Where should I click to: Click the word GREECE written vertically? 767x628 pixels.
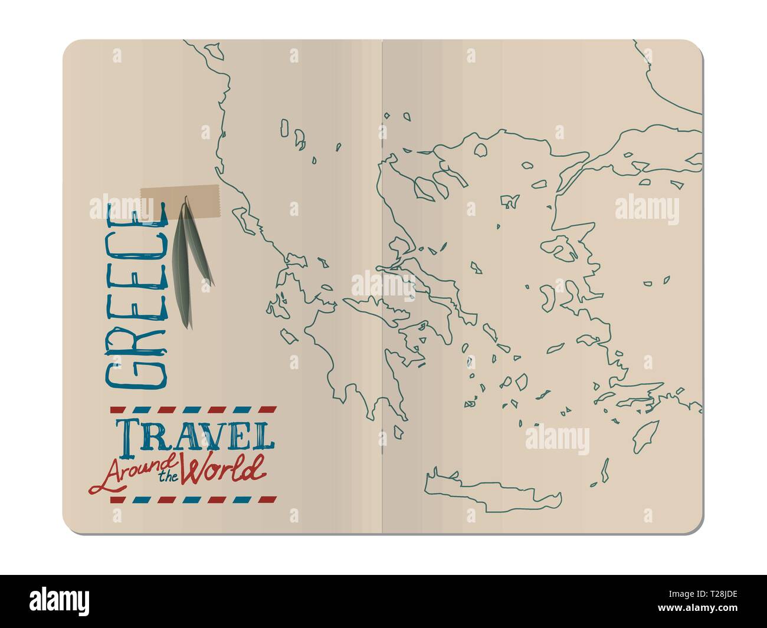(x=135, y=295)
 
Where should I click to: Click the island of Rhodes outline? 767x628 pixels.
(x=645, y=436)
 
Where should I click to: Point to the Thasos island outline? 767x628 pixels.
(x=481, y=150)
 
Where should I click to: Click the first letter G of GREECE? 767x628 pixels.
(x=135, y=369)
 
